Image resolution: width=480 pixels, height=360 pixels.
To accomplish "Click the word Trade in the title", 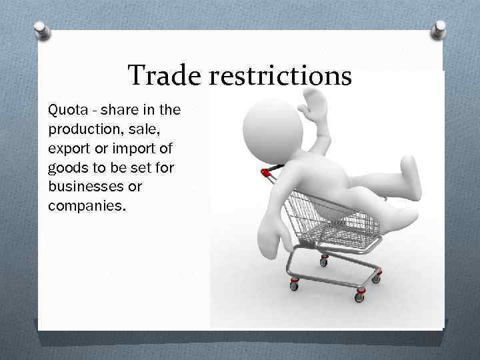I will tap(162, 76).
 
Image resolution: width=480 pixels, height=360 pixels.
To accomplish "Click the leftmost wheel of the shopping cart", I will tap(294, 285).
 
